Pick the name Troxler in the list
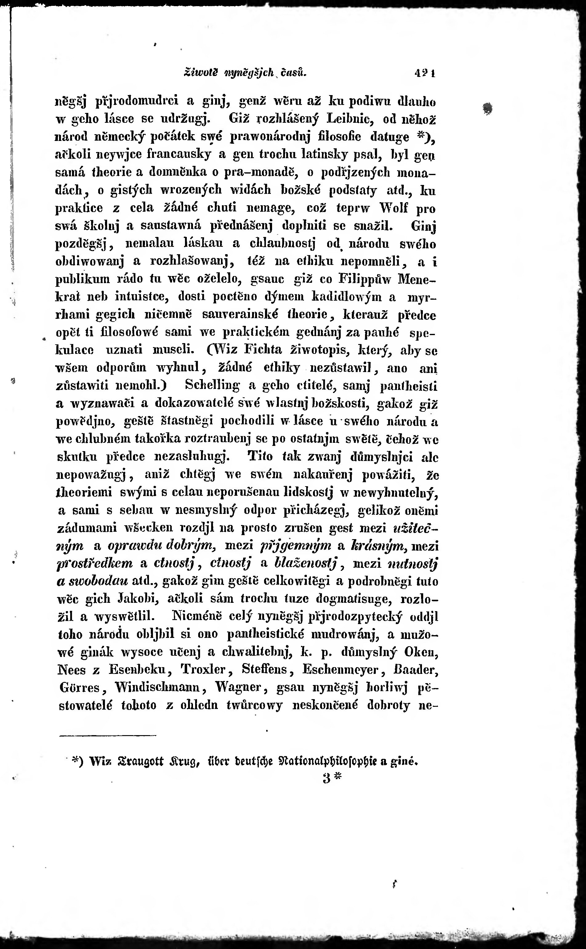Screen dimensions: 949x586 pos(203,669)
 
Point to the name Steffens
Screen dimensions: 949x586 pos(265,669)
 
